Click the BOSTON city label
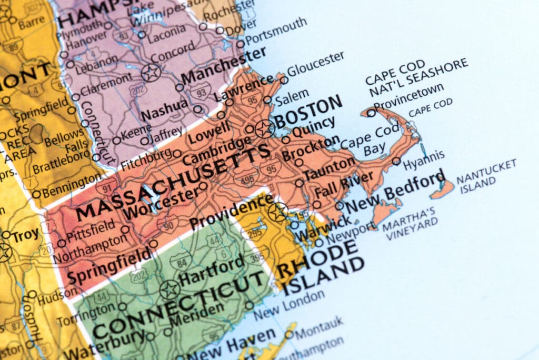tap(308, 111)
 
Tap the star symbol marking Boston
tap(264, 128)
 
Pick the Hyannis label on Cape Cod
tap(424, 159)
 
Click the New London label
tap(289, 305)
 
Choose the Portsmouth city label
tap(276, 31)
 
